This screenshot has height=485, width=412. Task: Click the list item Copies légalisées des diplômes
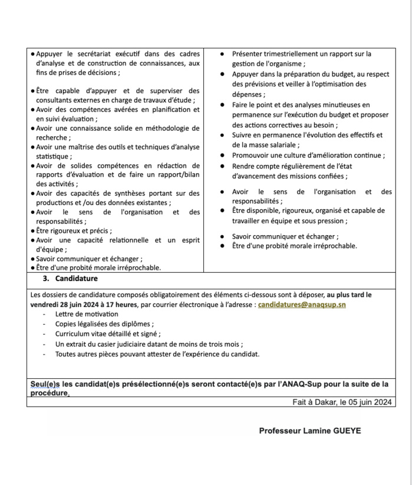click(104, 324)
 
